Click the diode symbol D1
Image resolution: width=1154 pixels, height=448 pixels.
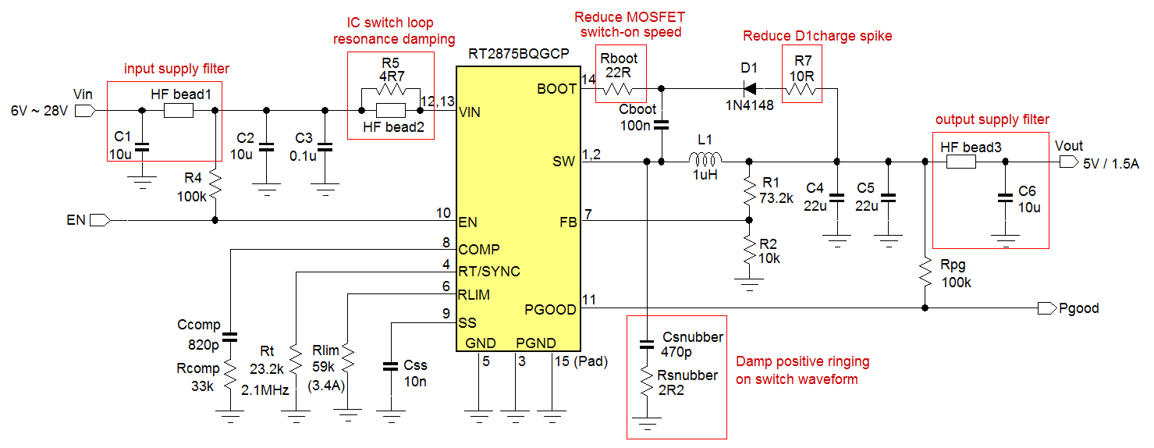(750, 88)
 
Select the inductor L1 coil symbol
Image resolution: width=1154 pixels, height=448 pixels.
(706, 162)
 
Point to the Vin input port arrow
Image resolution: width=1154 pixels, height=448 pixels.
(85, 111)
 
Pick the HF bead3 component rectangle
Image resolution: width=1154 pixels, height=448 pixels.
(960, 162)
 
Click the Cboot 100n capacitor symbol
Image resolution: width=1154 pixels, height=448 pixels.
(662, 124)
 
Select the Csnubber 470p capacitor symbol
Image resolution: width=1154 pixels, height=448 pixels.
(647, 343)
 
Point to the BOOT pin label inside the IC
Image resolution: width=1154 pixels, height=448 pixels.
(557, 89)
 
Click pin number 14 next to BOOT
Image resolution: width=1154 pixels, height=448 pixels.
(588, 79)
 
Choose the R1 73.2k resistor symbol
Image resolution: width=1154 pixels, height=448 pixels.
(749, 187)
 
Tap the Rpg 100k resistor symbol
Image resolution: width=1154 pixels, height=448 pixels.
(925, 272)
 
